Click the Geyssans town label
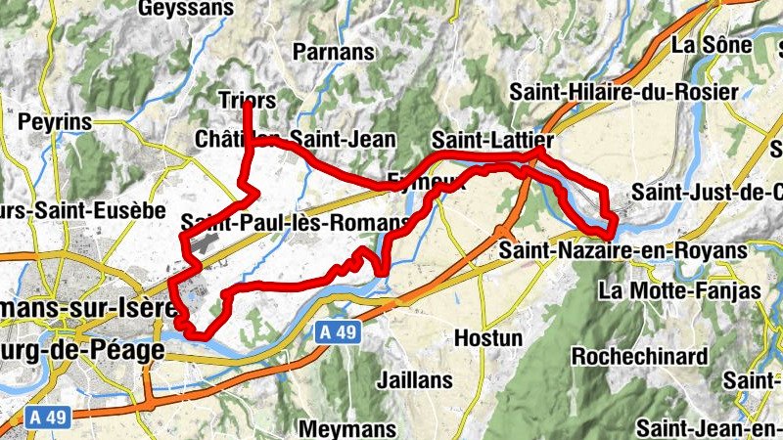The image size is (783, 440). [x=187, y=9]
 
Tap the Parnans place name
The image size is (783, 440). [x=334, y=52]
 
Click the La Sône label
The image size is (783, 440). [x=712, y=44]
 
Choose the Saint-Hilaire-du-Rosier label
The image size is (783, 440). [x=623, y=92]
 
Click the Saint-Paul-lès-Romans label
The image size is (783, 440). [x=295, y=222]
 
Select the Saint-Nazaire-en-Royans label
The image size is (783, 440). [x=622, y=251]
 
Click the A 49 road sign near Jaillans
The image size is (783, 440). [x=338, y=332]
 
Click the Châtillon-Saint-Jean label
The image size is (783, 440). [x=295, y=139]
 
